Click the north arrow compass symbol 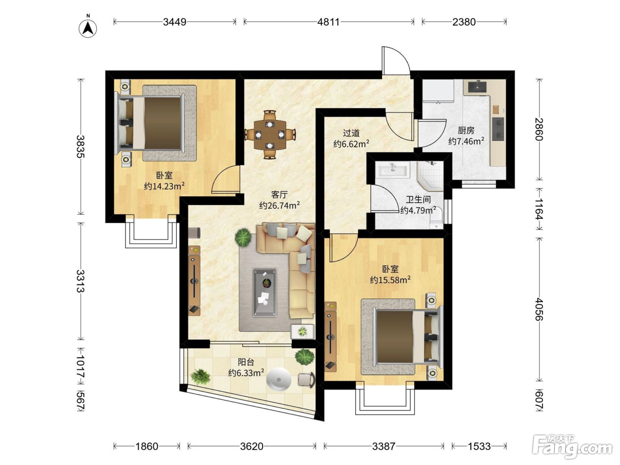[x=88, y=28]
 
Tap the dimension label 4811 [x=328, y=22]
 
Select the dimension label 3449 [x=174, y=22]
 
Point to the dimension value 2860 [x=539, y=129]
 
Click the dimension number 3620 [x=252, y=446]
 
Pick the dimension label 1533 [x=479, y=446]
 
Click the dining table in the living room [x=270, y=135]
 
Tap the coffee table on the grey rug [x=265, y=293]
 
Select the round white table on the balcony [x=279, y=379]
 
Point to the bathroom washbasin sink [x=393, y=170]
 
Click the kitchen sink [x=478, y=86]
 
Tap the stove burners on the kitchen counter [x=498, y=129]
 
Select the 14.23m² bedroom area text [x=164, y=186]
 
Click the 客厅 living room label [x=279, y=194]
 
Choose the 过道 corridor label [x=351, y=133]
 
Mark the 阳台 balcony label [x=246, y=362]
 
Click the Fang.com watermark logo [x=572, y=446]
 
